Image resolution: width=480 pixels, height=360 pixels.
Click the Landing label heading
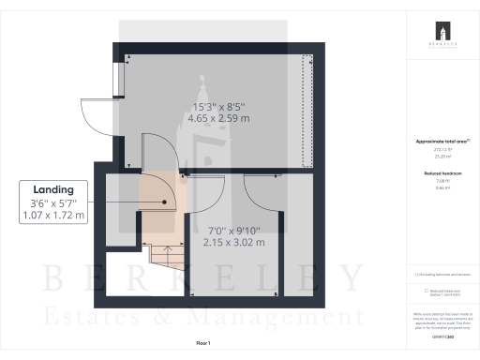click(53, 187)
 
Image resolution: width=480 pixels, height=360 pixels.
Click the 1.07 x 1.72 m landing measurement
click(53, 215)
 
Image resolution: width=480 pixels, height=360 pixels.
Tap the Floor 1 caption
click(203, 344)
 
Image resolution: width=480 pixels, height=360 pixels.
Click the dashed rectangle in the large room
click(307, 112)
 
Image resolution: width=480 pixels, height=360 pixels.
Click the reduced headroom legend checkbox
click(415, 292)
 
